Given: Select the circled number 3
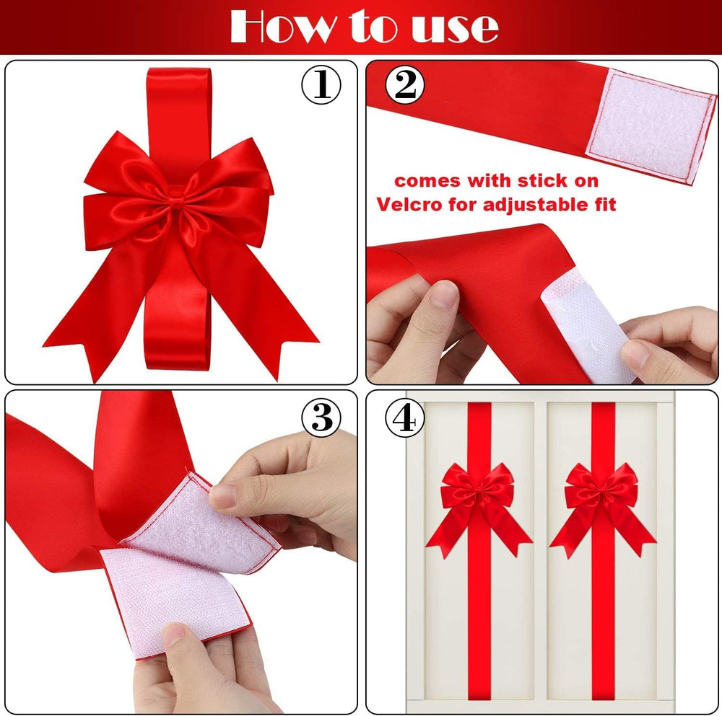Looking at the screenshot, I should click(321, 417).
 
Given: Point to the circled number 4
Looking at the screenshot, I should click(404, 417).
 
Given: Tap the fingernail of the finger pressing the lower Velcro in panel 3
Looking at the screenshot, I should click(175, 635).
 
